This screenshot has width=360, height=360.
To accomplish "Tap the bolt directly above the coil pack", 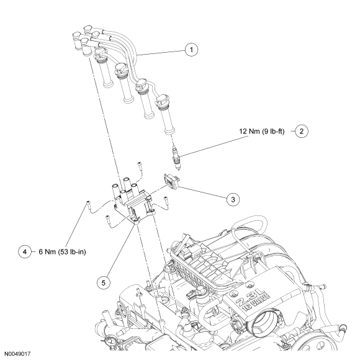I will pos(140,165).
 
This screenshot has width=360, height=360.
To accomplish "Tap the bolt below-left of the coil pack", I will pos(108,220).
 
